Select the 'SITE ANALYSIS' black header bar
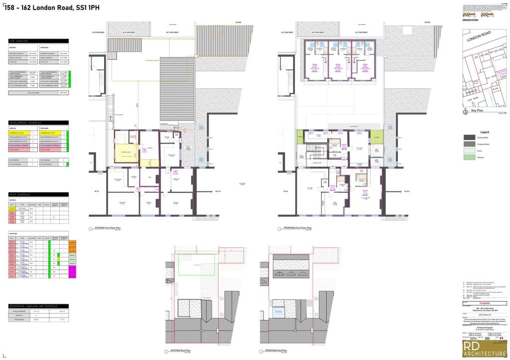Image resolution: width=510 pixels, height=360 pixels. [39, 41]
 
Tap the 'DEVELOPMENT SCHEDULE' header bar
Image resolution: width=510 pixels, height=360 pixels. [39, 122]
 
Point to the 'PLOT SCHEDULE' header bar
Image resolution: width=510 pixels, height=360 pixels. [39, 194]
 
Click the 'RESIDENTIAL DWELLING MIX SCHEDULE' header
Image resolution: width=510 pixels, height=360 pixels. [39, 306]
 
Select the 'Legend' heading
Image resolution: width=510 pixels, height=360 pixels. [485, 131]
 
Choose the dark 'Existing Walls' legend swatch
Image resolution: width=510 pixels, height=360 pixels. [470, 137]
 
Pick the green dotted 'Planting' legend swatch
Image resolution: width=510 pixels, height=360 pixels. [470, 157]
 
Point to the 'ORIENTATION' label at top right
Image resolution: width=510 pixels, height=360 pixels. [470, 20]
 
